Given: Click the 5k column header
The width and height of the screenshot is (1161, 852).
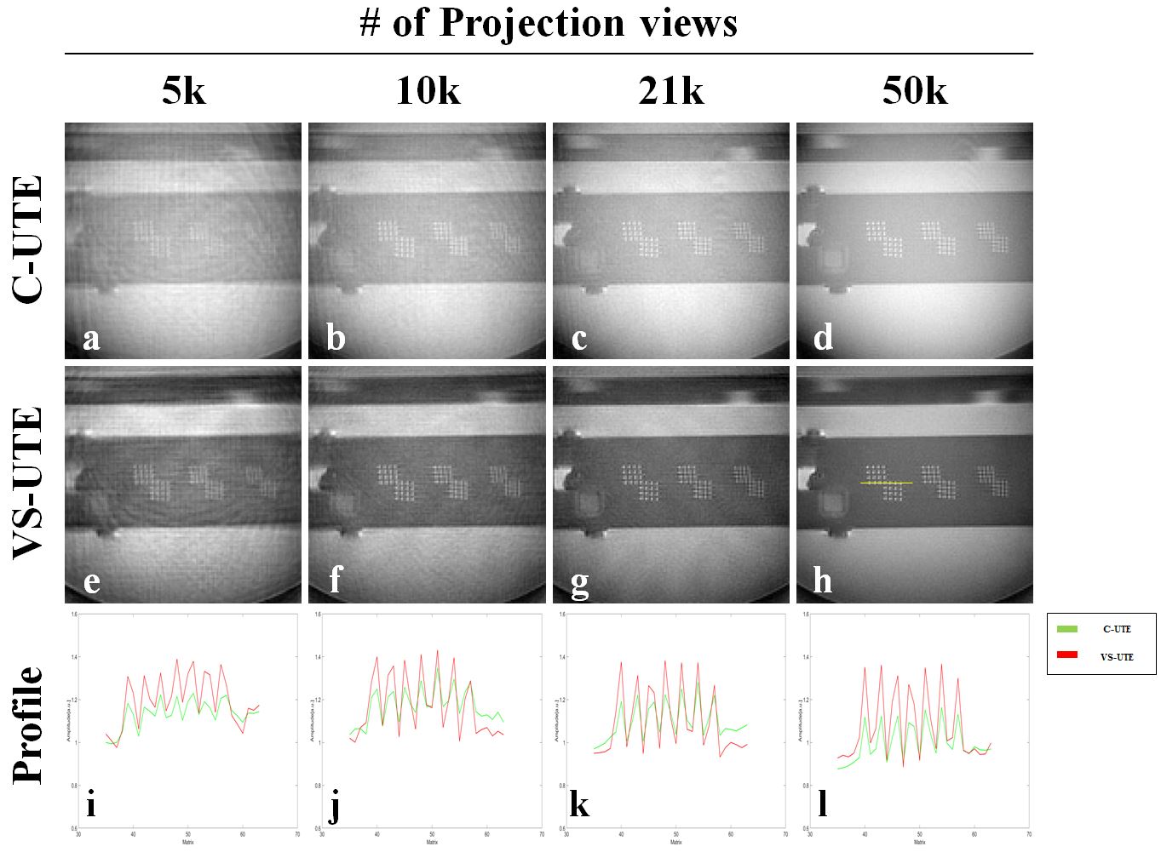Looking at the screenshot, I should pos(184,91).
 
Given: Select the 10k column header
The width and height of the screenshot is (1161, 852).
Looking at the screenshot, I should pos(428,91).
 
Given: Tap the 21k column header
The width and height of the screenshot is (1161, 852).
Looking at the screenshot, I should pos(671,91).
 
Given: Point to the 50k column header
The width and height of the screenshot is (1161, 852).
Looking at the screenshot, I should pos(915,91).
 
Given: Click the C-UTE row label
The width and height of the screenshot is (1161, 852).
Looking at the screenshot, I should pos(28,239).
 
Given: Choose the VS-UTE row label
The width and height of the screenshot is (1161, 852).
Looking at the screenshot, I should pos(28,483).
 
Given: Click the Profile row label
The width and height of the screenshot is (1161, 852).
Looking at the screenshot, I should pos(28,724).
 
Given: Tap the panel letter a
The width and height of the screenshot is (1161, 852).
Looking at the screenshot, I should pos(91,339).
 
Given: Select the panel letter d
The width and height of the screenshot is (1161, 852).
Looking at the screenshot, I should pos(823,338).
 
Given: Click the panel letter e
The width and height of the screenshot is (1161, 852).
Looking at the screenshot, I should pos(91,582).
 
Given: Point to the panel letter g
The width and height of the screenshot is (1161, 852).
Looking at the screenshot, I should pos(579,584).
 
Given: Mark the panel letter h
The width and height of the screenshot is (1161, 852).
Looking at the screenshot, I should pos(823,580).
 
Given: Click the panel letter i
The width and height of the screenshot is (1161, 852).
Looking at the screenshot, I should pos(90,803).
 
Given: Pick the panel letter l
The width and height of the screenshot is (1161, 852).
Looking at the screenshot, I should pos(822,803).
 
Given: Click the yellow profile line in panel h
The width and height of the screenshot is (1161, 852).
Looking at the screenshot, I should pos(886,483).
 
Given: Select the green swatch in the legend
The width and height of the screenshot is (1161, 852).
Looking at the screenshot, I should pos(1067,629).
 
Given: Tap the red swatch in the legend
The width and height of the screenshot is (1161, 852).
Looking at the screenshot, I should pos(1067,655).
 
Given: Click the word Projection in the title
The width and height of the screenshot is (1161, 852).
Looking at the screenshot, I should pos(532,23).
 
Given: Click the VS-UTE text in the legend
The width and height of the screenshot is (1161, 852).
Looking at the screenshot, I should pos(1117,657).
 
